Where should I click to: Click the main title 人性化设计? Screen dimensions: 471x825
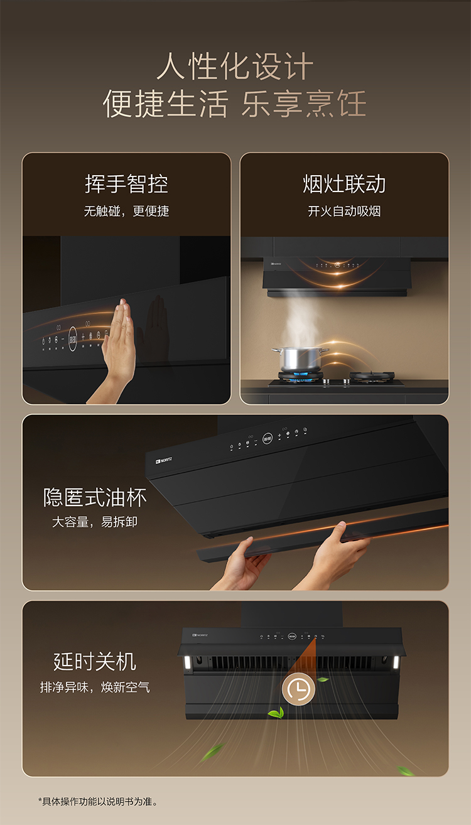click(x=235, y=67)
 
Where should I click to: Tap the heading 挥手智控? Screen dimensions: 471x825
click(x=127, y=184)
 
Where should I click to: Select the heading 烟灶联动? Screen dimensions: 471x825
click(x=344, y=184)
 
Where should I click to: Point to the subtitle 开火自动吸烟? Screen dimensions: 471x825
click(x=344, y=212)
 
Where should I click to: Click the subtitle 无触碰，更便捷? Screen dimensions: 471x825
click(x=127, y=212)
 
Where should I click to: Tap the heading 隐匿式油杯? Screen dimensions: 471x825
click(x=95, y=498)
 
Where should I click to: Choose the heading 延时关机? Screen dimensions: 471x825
click(x=95, y=662)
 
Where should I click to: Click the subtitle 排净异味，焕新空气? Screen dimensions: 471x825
click(x=95, y=687)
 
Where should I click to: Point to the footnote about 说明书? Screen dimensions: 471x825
click(x=97, y=801)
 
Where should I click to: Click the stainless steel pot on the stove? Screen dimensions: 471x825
click(x=300, y=359)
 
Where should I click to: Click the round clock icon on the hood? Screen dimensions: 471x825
click(x=298, y=689)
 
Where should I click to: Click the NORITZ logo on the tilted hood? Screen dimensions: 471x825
click(x=163, y=460)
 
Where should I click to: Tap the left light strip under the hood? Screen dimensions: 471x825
click(x=187, y=662)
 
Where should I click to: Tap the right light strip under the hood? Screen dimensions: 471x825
click(x=396, y=662)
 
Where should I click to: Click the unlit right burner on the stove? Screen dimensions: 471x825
click(x=372, y=377)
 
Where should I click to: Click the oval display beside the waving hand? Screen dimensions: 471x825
click(x=73, y=339)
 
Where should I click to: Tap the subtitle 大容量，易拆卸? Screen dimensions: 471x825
click(x=95, y=522)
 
